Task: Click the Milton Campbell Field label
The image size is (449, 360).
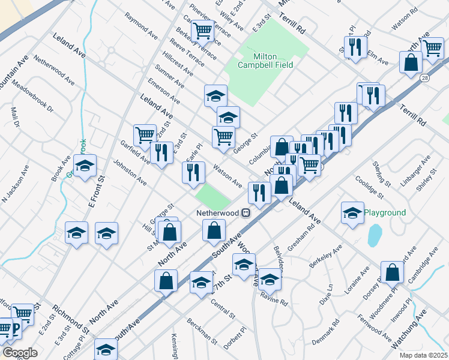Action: click(264, 61)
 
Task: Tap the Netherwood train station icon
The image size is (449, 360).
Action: click(246, 213)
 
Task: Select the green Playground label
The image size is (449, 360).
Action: click(385, 213)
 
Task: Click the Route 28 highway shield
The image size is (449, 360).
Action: click(424, 79)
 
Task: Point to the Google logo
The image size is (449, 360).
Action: click(20, 353)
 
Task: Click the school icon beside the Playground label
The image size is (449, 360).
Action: click(352, 212)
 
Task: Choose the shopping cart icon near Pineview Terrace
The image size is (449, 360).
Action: click(202, 30)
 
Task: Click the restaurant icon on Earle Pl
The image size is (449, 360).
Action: click(193, 173)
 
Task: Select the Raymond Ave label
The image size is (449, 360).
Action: click(141, 26)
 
